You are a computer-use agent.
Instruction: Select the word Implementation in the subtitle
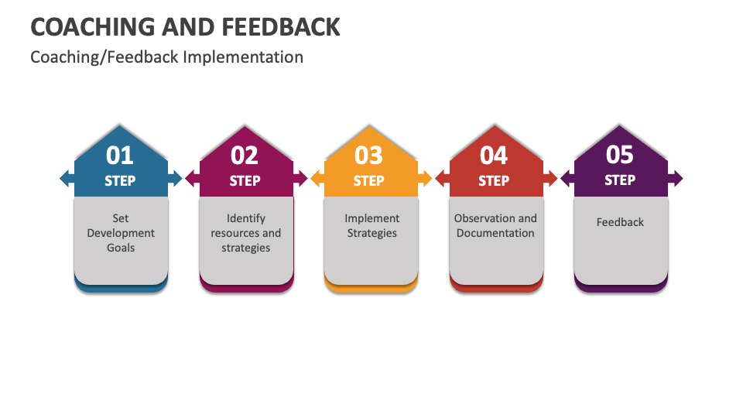[243, 57]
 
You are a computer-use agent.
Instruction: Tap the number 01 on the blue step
[120, 156]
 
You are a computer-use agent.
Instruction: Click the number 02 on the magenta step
[245, 156]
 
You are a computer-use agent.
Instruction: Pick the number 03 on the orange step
[369, 156]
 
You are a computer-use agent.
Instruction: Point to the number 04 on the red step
[494, 156]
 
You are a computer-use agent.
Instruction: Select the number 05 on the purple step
[619, 156]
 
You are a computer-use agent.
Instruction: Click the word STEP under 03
[369, 181]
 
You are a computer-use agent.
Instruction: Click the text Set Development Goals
[121, 233]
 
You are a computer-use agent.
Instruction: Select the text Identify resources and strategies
[245, 233]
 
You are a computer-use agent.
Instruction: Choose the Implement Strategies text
[371, 226]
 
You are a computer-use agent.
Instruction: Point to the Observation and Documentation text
[495, 226]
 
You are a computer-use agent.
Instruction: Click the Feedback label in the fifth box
[620, 222]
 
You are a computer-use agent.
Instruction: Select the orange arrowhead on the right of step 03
[426, 179]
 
